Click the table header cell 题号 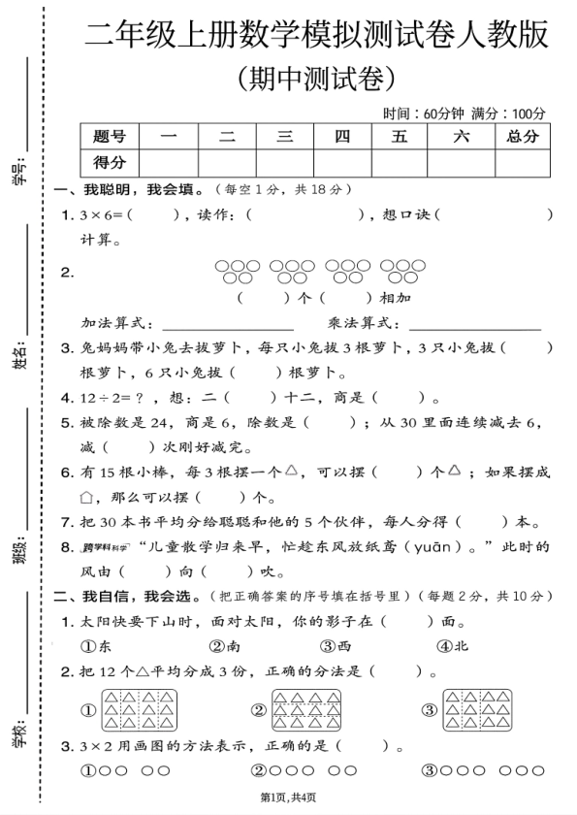point(110,137)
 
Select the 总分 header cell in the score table point(522,137)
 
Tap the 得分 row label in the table point(110,162)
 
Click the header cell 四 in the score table point(342,137)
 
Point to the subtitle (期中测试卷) point(316,77)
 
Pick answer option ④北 point(452,644)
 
